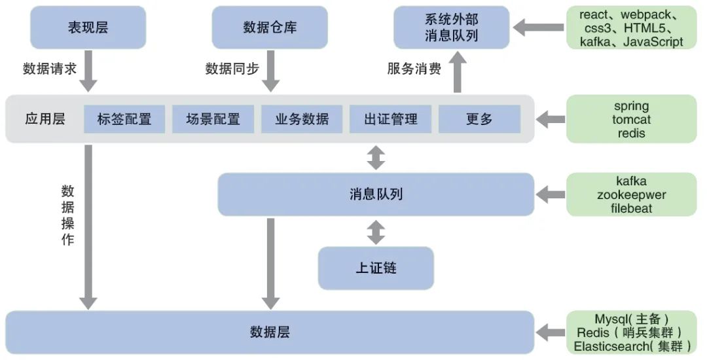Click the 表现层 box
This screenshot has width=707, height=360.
(88, 27)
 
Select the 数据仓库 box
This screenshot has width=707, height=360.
(270, 27)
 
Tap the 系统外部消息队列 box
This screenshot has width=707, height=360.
(451, 27)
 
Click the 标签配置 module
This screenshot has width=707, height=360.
(124, 119)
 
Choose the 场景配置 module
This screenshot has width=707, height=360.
(213, 119)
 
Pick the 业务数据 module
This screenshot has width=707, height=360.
(302, 119)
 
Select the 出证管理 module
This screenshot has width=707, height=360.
(391, 119)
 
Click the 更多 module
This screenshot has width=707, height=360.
(479, 119)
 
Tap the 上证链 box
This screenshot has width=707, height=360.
(376, 268)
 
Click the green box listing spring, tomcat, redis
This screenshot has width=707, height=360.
(631, 119)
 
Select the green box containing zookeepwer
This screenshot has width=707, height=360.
(631, 194)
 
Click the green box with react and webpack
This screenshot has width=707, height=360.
(631, 27)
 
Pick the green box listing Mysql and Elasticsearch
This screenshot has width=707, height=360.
(631, 333)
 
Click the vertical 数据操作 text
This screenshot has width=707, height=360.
(68, 215)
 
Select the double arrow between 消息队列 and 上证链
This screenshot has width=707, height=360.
(376, 232)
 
